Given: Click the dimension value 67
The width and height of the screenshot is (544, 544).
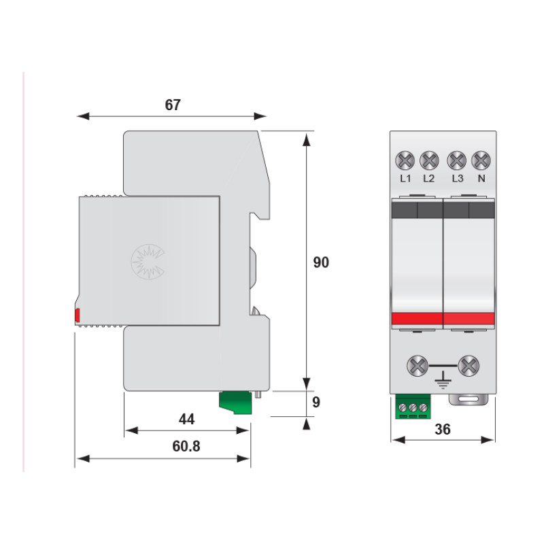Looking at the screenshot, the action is [x=173, y=105].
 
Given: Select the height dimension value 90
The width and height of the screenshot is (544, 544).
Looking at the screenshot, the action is [x=321, y=262].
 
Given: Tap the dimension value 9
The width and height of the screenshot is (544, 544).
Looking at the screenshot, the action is [x=316, y=402].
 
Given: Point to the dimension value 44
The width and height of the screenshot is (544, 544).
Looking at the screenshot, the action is [x=186, y=419].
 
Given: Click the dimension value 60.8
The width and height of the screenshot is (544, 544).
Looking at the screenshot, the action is [x=186, y=446].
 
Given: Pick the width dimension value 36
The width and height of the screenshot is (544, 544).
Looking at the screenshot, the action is [x=443, y=429].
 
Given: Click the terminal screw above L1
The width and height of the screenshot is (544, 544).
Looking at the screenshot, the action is [x=405, y=160].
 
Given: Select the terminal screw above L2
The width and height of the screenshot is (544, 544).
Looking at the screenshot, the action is [x=429, y=160].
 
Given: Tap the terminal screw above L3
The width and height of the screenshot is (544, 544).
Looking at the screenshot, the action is [x=456, y=160].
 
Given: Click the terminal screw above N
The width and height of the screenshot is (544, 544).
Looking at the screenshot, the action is [x=481, y=160].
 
